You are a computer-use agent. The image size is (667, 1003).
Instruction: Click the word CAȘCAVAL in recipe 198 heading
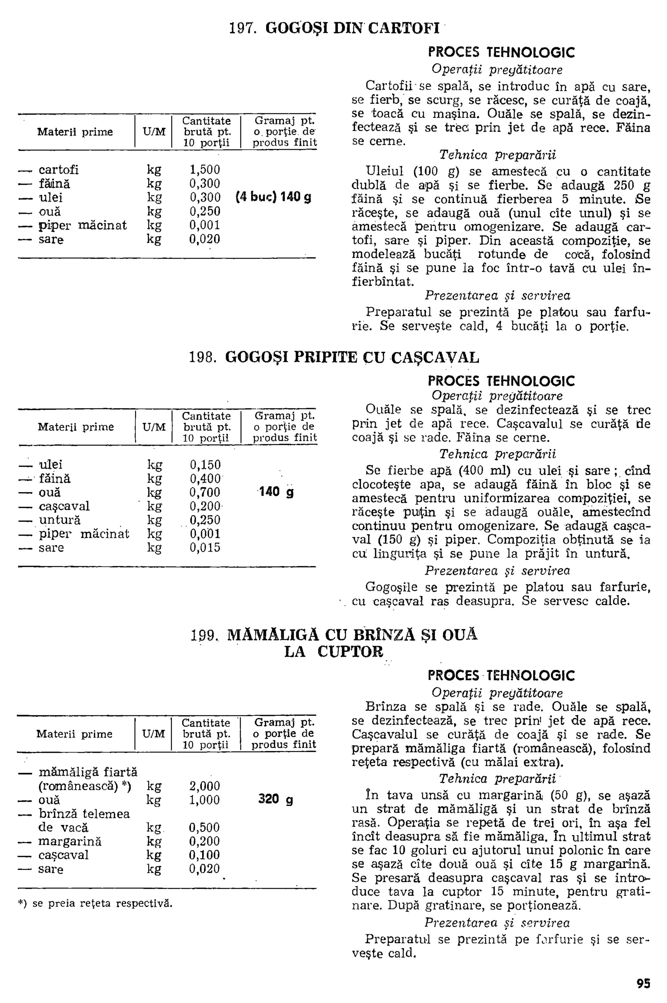(434, 357)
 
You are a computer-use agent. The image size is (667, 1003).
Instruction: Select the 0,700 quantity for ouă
(205, 493)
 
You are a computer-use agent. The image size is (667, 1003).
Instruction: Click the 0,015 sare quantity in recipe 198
(205, 547)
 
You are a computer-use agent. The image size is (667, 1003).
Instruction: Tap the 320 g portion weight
(275, 799)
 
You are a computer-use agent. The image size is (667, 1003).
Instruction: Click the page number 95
(643, 984)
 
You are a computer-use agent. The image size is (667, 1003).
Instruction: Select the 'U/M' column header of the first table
(154, 132)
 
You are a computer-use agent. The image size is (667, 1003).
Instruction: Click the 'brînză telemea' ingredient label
(84, 814)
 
